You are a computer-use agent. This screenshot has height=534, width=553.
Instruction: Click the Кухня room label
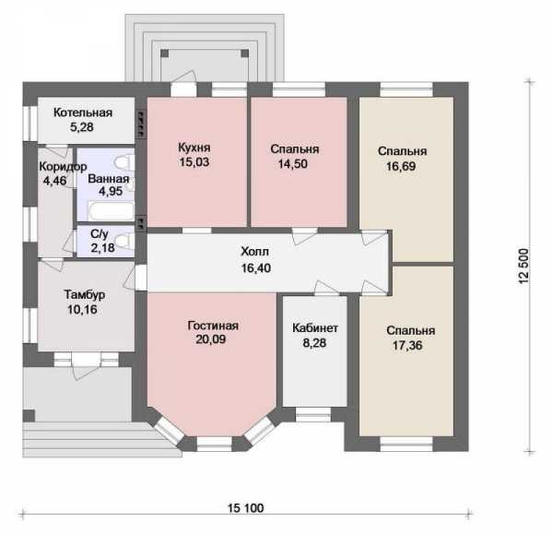tap(194, 148)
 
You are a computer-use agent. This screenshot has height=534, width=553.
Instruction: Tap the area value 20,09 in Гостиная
tap(210, 339)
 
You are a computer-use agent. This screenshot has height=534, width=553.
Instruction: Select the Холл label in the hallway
tap(255, 252)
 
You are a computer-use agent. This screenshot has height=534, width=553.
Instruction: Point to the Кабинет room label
tap(315, 328)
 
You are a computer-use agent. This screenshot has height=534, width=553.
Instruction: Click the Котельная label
tap(83, 113)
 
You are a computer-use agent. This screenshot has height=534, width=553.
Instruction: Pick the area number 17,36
tap(407, 346)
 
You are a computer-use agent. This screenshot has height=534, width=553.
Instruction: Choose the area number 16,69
tap(401, 166)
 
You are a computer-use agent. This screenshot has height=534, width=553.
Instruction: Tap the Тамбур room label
tap(85, 295)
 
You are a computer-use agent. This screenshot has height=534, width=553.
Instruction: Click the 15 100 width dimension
tap(245, 508)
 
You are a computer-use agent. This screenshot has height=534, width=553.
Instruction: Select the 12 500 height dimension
tap(524, 267)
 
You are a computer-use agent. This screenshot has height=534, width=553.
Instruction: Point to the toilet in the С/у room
tap(124, 242)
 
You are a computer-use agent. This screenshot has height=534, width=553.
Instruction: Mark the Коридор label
tap(63, 167)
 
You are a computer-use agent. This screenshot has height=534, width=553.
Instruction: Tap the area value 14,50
tap(293, 164)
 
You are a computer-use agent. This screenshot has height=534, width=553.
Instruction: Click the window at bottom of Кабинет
tap(313, 415)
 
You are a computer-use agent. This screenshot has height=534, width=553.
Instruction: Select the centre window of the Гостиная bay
tap(214, 445)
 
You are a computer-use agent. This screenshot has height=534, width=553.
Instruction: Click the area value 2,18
tap(102, 248)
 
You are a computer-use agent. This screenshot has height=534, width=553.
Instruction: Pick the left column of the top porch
tap(165, 53)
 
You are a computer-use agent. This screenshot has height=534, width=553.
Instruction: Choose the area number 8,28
tap(314, 343)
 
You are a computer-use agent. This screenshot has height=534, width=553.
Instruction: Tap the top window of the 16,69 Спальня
tap(406, 89)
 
